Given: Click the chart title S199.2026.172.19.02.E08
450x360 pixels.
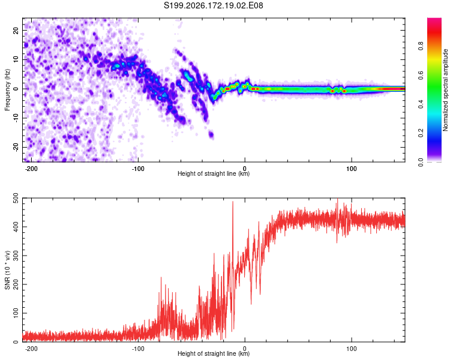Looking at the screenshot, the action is coord(213,5).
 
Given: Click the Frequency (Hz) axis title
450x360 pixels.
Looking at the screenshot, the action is coord(7,90).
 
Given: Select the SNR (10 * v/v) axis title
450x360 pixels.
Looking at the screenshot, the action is coord(7,270).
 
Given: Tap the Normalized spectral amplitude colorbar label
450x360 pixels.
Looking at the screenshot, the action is coord(445,90).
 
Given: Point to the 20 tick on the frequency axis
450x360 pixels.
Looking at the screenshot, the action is coord(16,30).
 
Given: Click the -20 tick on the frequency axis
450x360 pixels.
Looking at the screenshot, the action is coord(16,147).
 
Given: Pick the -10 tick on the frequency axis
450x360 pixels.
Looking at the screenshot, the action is coord(16,118).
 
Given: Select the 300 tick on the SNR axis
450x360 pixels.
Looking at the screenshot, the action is coord(16,256).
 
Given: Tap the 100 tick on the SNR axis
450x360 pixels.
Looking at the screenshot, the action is coord(16,313).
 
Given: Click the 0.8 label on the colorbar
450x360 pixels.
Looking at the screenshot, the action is coord(421,46).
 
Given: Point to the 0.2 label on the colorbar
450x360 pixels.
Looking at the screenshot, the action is coord(421,133).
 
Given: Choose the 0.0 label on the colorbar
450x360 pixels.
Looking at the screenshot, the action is coord(421,162).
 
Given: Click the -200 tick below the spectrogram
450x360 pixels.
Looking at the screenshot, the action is coord(31,169).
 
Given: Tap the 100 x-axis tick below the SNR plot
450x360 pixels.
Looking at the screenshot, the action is coord(351,349).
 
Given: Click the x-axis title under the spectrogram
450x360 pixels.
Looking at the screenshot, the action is coord(214,173).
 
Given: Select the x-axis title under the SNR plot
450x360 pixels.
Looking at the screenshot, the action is coord(214,353).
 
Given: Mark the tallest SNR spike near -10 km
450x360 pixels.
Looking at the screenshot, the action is coord(233,203).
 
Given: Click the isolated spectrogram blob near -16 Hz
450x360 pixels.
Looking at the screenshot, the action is coord(211,134).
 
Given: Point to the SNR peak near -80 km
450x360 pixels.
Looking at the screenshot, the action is coord(161,278).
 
